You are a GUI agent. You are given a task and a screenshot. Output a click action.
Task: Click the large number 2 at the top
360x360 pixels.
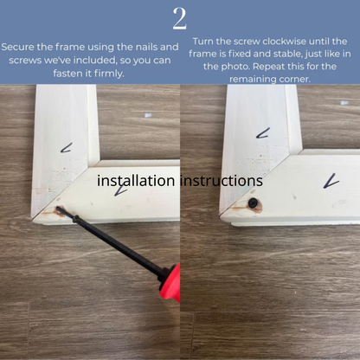(x=179, y=18)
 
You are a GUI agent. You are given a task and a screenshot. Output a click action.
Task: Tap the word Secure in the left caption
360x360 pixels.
(x=18, y=47)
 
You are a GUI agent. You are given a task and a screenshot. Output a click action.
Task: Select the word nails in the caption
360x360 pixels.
(x=144, y=47)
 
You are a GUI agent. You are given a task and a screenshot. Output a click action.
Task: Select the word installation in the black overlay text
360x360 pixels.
(x=136, y=181)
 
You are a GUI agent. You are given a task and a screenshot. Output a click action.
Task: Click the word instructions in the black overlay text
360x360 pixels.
(x=222, y=181)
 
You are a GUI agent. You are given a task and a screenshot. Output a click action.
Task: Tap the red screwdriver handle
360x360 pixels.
(x=170, y=284)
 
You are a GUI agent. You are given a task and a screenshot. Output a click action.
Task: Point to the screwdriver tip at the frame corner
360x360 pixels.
(x=58, y=208)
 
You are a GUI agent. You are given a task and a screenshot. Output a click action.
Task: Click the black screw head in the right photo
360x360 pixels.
(x=254, y=202)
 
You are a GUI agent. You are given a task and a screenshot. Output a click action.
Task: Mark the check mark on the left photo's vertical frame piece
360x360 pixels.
(x=66, y=148)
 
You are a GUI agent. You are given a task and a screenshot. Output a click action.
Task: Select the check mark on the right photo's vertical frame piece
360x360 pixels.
(x=263, y=133)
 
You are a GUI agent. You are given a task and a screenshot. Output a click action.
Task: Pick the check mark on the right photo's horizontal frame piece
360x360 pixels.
(x=331, y=181)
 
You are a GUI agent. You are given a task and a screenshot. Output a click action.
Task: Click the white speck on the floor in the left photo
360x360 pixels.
(x=148, y=115)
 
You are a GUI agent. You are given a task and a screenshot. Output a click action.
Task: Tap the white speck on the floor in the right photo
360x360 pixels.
(x=344, y=103)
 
